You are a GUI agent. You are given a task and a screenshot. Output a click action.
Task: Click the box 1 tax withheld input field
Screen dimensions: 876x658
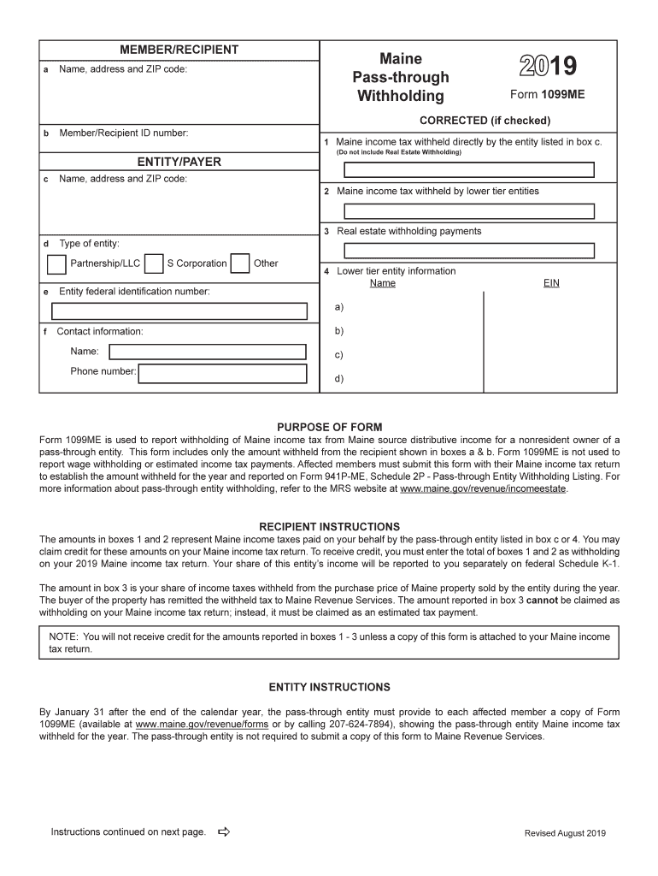469,171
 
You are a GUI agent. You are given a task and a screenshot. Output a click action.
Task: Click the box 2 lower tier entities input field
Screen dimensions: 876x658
469,211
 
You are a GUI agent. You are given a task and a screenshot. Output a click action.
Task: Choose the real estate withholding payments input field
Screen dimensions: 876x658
469,251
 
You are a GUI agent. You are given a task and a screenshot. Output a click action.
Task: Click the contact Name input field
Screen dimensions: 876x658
208,352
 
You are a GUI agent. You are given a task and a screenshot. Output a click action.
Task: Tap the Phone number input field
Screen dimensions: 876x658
222,373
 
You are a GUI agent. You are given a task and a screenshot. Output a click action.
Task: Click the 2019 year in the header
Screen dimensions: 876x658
548,66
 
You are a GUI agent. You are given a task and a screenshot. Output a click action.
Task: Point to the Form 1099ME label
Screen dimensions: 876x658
548,95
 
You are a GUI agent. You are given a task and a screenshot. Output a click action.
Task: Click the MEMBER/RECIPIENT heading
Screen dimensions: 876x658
179,50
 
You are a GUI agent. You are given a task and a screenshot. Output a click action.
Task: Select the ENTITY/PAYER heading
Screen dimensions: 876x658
179,162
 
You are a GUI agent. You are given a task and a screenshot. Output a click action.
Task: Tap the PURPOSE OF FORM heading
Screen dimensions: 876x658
330,427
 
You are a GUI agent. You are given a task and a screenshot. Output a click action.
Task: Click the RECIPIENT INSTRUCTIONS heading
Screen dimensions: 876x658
330,526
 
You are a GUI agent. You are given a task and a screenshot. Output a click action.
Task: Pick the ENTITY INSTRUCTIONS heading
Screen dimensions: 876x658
330,687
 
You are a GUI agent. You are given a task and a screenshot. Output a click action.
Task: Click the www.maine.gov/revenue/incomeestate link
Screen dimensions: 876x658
484,489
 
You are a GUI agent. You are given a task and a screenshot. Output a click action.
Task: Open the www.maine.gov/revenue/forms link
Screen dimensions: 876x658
202,724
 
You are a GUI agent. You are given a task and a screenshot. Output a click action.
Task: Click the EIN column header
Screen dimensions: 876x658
551,283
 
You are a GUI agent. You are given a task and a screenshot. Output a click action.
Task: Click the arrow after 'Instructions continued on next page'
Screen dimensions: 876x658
225,832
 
